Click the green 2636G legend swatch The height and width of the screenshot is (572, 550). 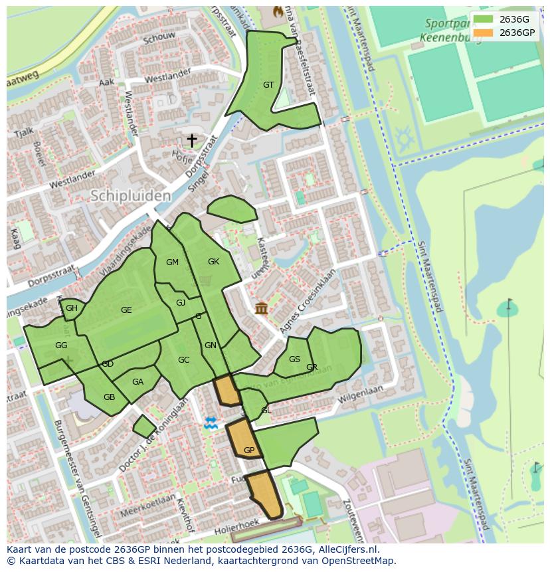click(x=483, y=19)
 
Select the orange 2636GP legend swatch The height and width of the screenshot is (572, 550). click(x=483, y=33)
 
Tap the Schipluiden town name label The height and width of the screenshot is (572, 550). click(x=130, y=196)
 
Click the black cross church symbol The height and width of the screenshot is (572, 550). click(x=191, y=140)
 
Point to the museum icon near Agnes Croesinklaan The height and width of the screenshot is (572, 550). click(x=260, y=308)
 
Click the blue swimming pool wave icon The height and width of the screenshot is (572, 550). click(x=211, y=423)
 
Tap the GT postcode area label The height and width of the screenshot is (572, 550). click(x=268, y=84)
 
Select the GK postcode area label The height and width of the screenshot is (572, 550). click(x=213, y=262)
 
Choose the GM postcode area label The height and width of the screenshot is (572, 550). click(x=172, y=262)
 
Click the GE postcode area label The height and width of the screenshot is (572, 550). click(x=126, y=310)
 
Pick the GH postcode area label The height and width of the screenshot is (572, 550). click(x=72, y=308)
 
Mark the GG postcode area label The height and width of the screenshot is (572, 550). click(x=61, y=345)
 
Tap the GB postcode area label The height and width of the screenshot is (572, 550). click(x=109, y=397)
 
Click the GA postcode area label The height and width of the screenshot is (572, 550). click(x=137, y=382)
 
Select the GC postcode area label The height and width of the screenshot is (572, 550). click(x=184, y=360)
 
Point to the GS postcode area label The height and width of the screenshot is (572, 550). click(x=295, y=359)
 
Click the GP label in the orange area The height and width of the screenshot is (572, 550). click(x=249, y=450)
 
